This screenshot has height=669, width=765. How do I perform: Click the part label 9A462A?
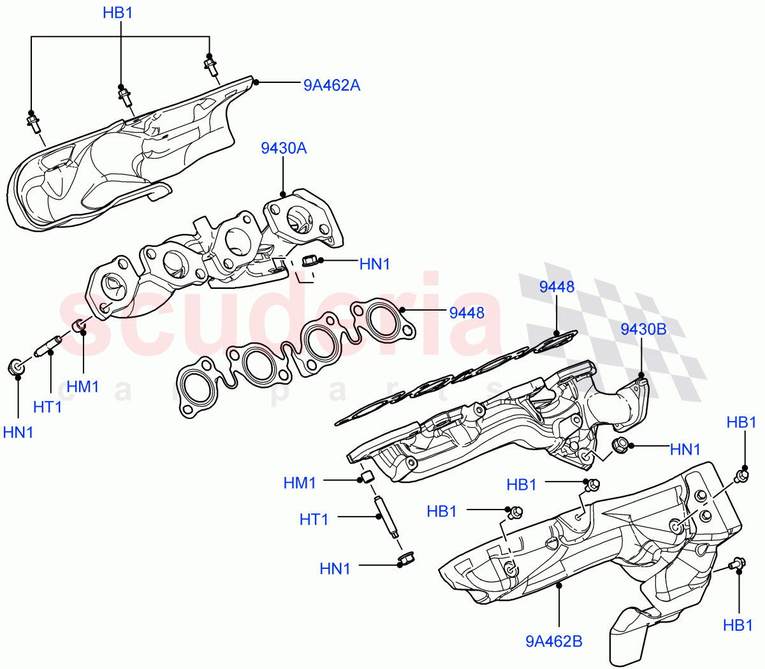(331, 85)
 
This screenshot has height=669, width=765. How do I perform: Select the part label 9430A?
(283, 149)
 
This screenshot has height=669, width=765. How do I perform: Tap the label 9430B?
(643, 329)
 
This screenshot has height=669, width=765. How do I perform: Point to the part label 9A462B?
(553, 641)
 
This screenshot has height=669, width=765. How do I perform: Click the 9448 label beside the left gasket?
(467, 312)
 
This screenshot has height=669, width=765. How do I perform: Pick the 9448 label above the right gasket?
(557, 287)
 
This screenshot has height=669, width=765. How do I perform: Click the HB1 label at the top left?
(118, 13)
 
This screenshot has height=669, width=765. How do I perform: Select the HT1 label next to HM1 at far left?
(48, 406)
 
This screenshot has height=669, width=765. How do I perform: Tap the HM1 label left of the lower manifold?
(300, 483)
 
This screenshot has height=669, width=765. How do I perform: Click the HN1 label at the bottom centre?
(335, 568)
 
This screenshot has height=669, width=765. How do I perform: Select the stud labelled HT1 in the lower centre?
(386, 517)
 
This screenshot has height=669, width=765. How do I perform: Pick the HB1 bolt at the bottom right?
(736, 564)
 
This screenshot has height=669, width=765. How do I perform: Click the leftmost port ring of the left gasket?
(193, 384)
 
